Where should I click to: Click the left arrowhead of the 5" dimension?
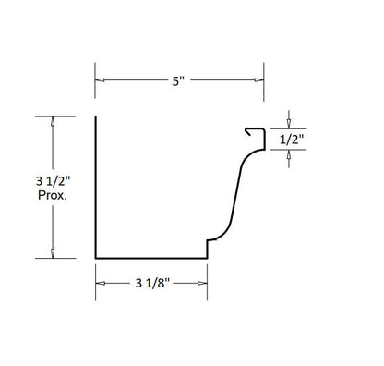(x=99, y=79)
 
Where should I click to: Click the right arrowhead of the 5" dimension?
(x=261, y=79)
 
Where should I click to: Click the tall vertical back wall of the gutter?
(x=95, y=185)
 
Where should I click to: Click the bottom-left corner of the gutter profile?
(x=95, y=258)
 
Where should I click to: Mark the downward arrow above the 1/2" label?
(x=291, y=120)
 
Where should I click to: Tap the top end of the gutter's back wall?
(x=95, y=117)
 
